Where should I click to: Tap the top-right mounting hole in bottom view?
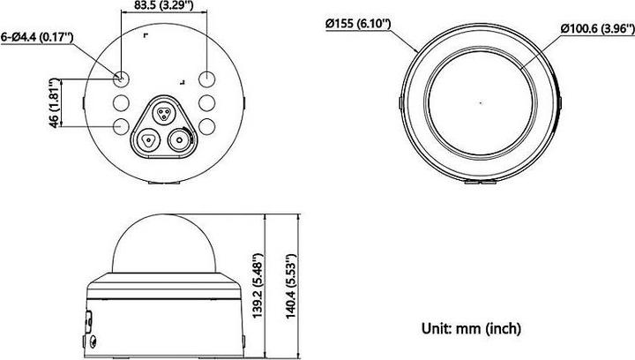(207, 77)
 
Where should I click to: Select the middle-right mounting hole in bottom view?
(207, 101)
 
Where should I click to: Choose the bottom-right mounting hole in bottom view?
(207, 125)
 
